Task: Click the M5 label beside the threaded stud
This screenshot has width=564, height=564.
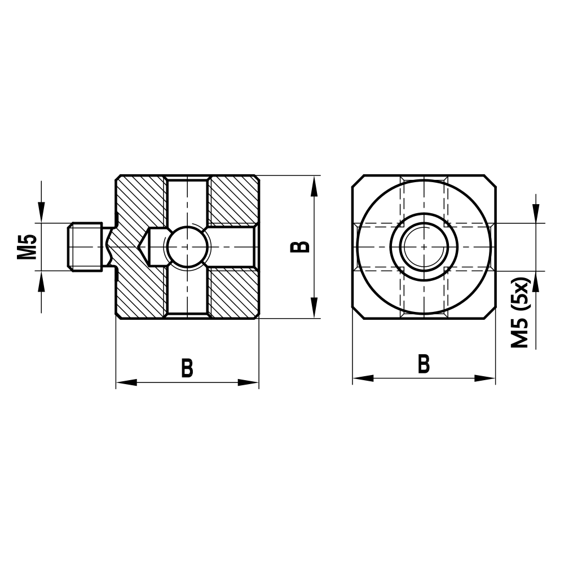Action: tap(27, 247)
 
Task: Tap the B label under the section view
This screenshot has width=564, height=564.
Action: tap(187, 368)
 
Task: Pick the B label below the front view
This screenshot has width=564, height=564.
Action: tap(424, 364)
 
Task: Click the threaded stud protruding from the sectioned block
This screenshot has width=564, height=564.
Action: tap(86, 247)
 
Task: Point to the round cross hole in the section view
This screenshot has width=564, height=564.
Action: tap(187, 247)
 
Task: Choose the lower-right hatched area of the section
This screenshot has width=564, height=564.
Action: tap(233, 293)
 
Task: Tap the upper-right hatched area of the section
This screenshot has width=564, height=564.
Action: tap(233, 200)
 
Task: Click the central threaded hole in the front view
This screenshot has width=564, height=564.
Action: tap(424, 247)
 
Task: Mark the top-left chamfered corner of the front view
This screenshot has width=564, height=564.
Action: tap(357, 180)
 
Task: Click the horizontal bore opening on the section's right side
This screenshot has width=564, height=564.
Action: tap(255, 247)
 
